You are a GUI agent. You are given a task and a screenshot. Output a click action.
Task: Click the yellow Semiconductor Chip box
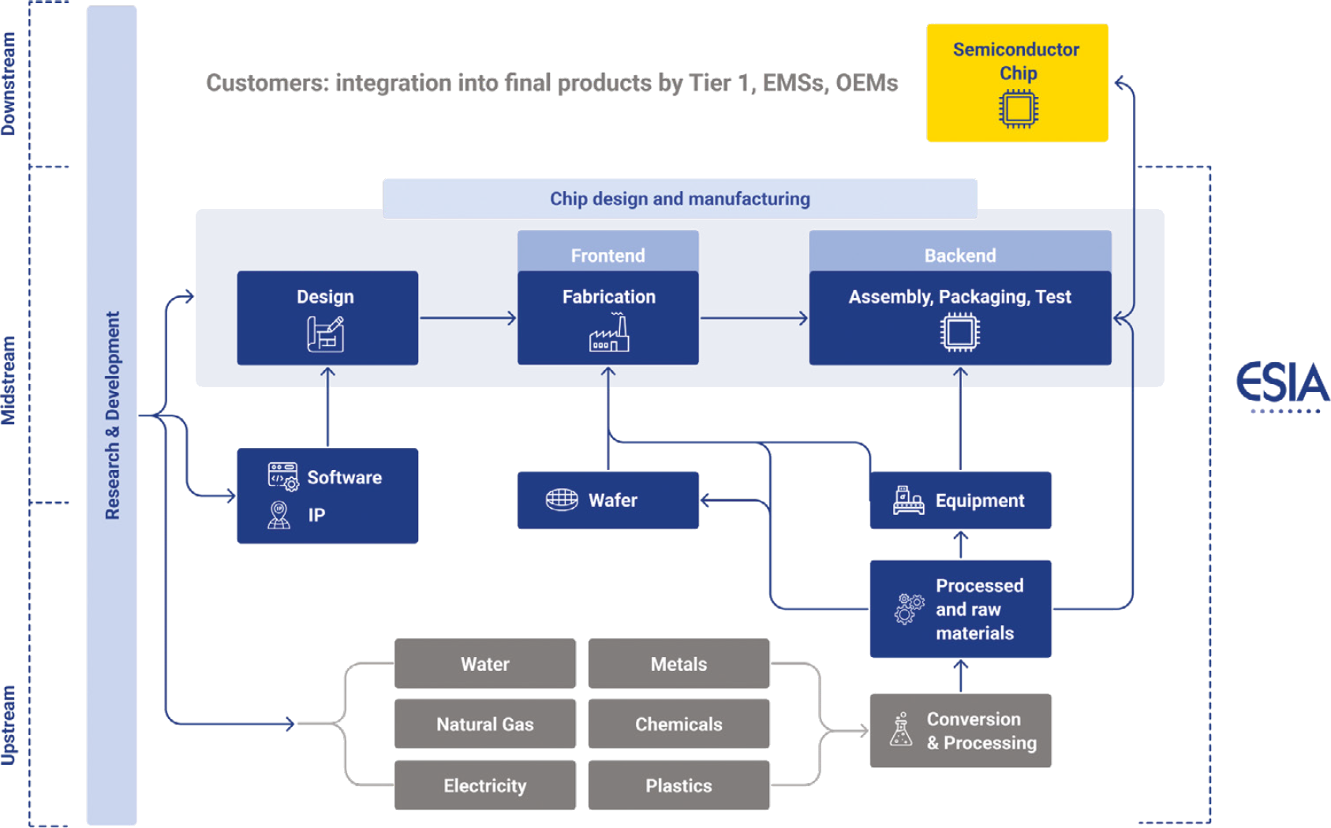1017,83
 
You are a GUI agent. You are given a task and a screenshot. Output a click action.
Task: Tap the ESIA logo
1282,385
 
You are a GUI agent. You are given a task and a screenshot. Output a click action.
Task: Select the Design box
327,318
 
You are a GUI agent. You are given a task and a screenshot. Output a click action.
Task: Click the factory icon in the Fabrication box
609,334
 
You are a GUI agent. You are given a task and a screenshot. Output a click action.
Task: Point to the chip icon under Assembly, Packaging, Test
960,333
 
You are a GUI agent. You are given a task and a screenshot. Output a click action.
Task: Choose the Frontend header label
608,255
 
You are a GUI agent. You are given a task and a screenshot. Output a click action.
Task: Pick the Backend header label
960,255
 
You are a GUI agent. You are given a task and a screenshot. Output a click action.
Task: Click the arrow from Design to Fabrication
467,318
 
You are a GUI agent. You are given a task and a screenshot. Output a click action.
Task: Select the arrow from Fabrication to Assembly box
753,318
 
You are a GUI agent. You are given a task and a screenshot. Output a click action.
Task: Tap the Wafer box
608,500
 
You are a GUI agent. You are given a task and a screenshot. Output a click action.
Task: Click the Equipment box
960,500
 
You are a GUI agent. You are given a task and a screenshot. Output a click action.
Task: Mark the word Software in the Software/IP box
344,477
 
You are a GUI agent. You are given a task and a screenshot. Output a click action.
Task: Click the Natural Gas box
484,724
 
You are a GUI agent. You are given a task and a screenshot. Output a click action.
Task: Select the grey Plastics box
679,785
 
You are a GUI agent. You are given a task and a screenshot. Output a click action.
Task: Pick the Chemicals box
679,724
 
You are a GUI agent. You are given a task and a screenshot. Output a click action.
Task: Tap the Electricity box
484,785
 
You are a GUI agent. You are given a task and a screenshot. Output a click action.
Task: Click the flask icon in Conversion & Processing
901,730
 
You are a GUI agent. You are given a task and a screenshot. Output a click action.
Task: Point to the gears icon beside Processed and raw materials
908,609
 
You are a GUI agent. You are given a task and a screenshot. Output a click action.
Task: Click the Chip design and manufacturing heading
679,199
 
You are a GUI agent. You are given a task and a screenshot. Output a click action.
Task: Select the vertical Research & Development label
113,415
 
